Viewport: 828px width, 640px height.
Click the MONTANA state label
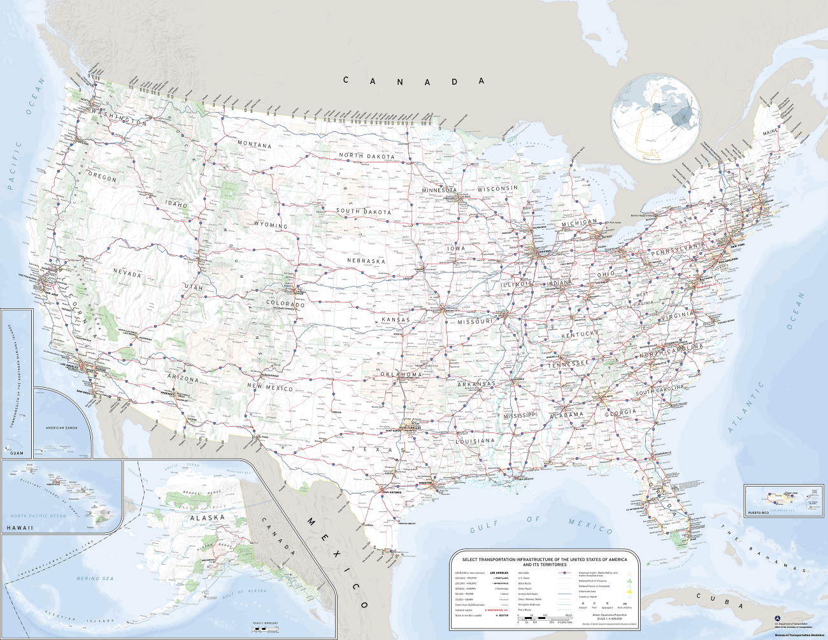point(254,145)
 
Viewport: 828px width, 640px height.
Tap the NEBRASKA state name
point(366,260)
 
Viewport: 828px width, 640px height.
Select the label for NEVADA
point(127,273)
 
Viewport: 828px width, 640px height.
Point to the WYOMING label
point(271,225)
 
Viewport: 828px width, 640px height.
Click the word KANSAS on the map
point(396,320)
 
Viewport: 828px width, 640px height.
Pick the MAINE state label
point(770,132)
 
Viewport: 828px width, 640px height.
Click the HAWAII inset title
point(20,528)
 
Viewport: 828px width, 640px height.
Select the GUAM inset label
point(17,453)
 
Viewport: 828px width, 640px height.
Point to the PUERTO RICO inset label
point(758,513)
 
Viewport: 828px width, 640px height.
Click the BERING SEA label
point(96,578)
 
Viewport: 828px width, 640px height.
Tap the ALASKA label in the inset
point(208,518)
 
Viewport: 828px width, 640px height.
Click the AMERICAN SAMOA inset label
point(62,428)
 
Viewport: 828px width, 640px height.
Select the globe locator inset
point(655,118)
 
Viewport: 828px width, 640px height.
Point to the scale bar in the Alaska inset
point(266,629)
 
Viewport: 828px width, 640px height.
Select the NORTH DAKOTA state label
point(366,156)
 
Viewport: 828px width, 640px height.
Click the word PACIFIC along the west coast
point(14,166)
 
